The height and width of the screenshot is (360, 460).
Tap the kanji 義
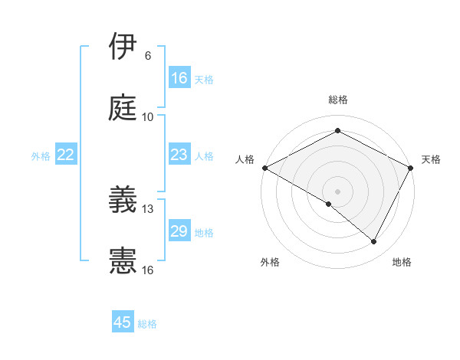point(123,199)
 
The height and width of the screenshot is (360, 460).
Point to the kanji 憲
point(123,260)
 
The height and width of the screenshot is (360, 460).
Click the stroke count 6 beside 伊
point(148,56)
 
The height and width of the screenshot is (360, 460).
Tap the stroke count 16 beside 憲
point(147,270)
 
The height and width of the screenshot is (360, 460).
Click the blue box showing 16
point(179,78)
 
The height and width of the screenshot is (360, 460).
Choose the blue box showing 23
point(179,155)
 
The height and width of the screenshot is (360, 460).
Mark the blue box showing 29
point(179,231)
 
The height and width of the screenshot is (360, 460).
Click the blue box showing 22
point(66,155)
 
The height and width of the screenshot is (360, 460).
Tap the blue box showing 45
point(123,322)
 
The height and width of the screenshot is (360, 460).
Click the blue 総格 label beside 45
point(148,324)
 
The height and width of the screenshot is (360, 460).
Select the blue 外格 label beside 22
point(41,156)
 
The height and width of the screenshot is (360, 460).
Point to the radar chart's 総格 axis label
point(338,100)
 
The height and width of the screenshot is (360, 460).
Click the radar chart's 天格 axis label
point(432,159)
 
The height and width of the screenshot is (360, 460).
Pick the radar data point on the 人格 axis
point(265,168)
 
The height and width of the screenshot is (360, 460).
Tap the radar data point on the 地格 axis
point(374,241)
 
